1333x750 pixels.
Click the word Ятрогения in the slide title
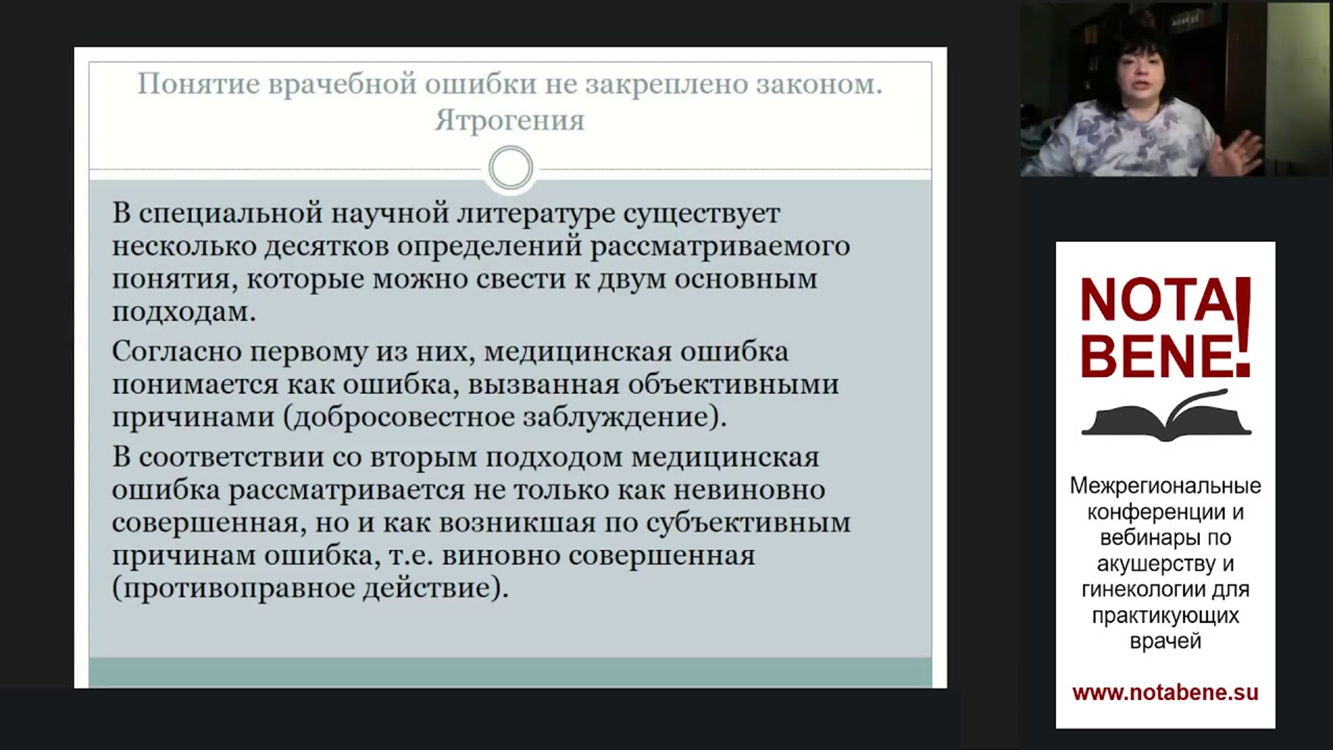[510, 120]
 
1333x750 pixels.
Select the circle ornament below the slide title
[511, 168]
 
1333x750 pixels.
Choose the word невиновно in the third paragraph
[749, 490]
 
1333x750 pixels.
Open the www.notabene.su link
[1165, 693]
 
